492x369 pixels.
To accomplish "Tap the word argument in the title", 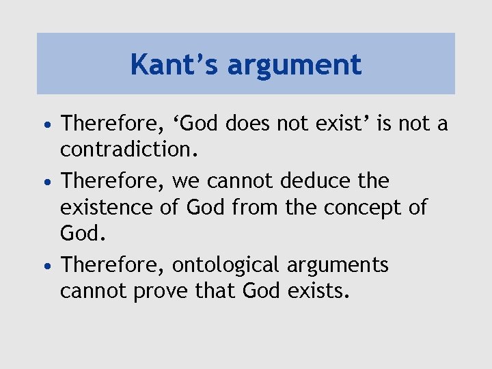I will pyautogui.click(x=295, y=65).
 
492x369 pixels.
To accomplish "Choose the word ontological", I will pyautogui.click(x=226, y=264).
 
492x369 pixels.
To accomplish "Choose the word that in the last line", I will pyautogui.click(x=215, y=290).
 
